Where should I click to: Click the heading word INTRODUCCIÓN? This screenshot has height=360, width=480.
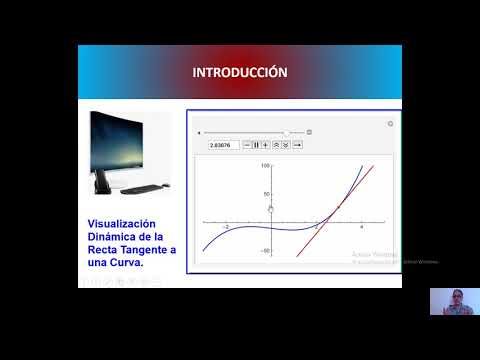coord(240,72)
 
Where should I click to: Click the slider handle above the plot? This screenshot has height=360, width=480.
coord(287,132)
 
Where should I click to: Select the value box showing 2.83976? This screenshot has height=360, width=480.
coord(223,145)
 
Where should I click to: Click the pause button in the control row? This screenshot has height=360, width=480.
coord(256,145)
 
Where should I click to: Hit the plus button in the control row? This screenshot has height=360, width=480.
coord(265,145)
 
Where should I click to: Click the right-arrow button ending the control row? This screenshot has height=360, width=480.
coord(298,145)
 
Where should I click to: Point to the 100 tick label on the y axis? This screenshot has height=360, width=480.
coord(266,166)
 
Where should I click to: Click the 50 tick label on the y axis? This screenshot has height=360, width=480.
coord(267,194)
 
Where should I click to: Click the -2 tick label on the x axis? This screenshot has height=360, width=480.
coord(225,228)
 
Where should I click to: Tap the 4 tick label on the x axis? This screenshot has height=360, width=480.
coord(361,228)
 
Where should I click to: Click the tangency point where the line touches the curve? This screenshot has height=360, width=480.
coord(338,205)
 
